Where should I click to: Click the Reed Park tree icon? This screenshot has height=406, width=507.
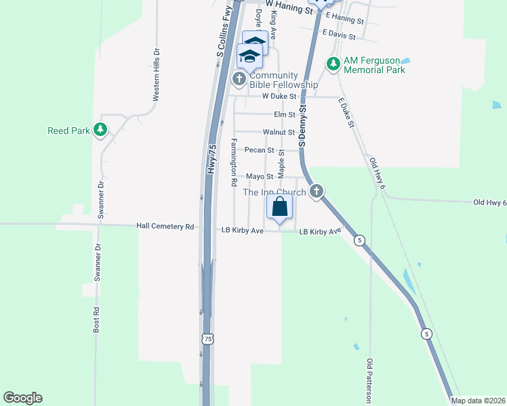pos(100,130)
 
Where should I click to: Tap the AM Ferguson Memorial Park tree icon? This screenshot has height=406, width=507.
pos(333,64)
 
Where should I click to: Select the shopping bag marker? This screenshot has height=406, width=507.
pos(280,208)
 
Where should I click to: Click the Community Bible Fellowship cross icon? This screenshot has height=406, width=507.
pos(239,80)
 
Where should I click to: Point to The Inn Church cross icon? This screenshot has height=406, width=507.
pos(317,193)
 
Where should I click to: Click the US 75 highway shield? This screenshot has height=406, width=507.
pos(207,342)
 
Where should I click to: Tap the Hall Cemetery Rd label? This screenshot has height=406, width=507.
pos(165,227)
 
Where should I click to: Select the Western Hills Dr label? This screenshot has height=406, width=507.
pos(156,74)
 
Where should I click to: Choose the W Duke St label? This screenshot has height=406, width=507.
pos(280,97)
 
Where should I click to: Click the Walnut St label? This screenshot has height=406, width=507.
pos(279,133)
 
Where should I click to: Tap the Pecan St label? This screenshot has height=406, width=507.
pos(259,150)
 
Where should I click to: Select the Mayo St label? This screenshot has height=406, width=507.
pos(259,177)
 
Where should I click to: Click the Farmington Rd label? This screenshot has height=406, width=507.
pos(233,162)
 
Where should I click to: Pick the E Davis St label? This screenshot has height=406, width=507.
pos(340,32)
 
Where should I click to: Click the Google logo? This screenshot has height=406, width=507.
pos(22,398)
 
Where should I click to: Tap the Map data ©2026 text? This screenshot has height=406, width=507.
pos(478,401)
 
